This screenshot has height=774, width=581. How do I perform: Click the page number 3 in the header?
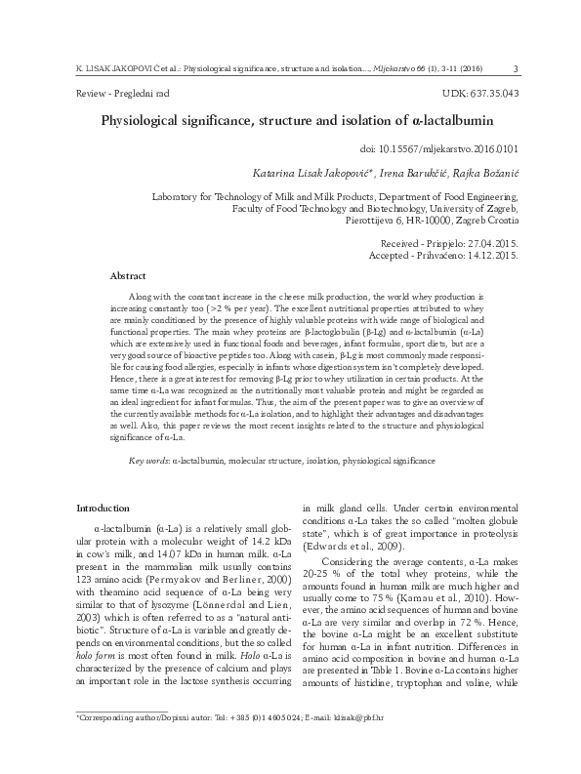coord(515,67)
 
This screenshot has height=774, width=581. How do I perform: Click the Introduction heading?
coord(103,508)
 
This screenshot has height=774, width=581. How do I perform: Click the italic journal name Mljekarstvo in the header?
coord(387,67)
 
